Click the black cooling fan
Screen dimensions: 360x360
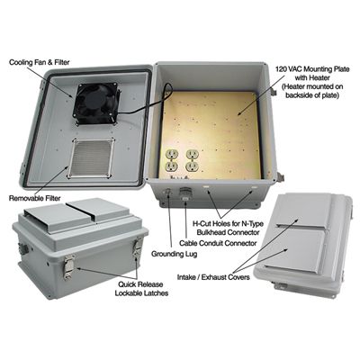95,103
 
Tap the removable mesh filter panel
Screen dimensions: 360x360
91,157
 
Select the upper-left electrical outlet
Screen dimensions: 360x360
172,154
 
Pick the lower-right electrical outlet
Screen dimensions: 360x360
192,166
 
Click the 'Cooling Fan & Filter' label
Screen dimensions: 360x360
40,62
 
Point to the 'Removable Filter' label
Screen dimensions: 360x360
35,198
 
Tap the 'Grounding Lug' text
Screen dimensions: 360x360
174,254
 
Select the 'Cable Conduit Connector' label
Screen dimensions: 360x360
218,243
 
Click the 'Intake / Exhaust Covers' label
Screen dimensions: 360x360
213,277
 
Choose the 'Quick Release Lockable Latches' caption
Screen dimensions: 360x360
141,289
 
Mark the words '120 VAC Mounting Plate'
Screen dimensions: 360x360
312,69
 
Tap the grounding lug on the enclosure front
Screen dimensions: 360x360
168,193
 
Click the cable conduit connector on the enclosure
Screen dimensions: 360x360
184,195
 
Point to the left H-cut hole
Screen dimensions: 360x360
206,187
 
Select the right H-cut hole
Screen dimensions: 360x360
254,187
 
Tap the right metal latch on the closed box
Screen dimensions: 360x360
138,247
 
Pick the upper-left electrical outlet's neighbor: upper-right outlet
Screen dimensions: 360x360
192,154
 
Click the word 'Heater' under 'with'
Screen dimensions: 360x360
321,78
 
